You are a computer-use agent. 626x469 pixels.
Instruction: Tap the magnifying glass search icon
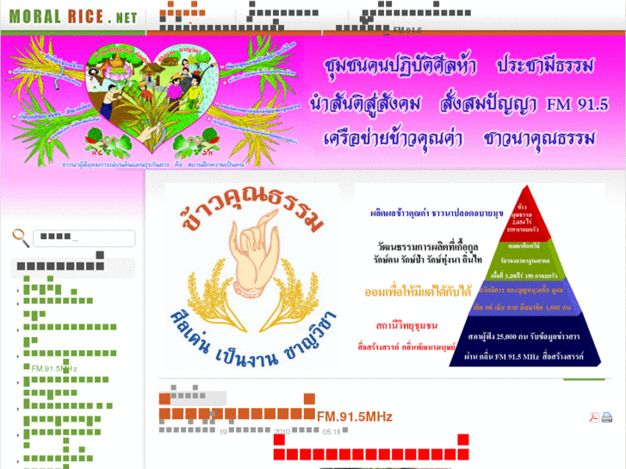point(20,238)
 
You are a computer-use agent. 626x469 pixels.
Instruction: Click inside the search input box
point(84,238)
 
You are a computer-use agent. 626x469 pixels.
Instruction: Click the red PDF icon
point(594,417)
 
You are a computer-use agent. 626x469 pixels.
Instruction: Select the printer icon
point(607,417)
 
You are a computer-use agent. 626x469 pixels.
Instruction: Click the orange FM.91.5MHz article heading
point(355,417)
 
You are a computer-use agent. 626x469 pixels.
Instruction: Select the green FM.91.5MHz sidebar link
point(54,368)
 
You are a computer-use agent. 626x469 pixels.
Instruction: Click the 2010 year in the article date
point(283,432)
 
